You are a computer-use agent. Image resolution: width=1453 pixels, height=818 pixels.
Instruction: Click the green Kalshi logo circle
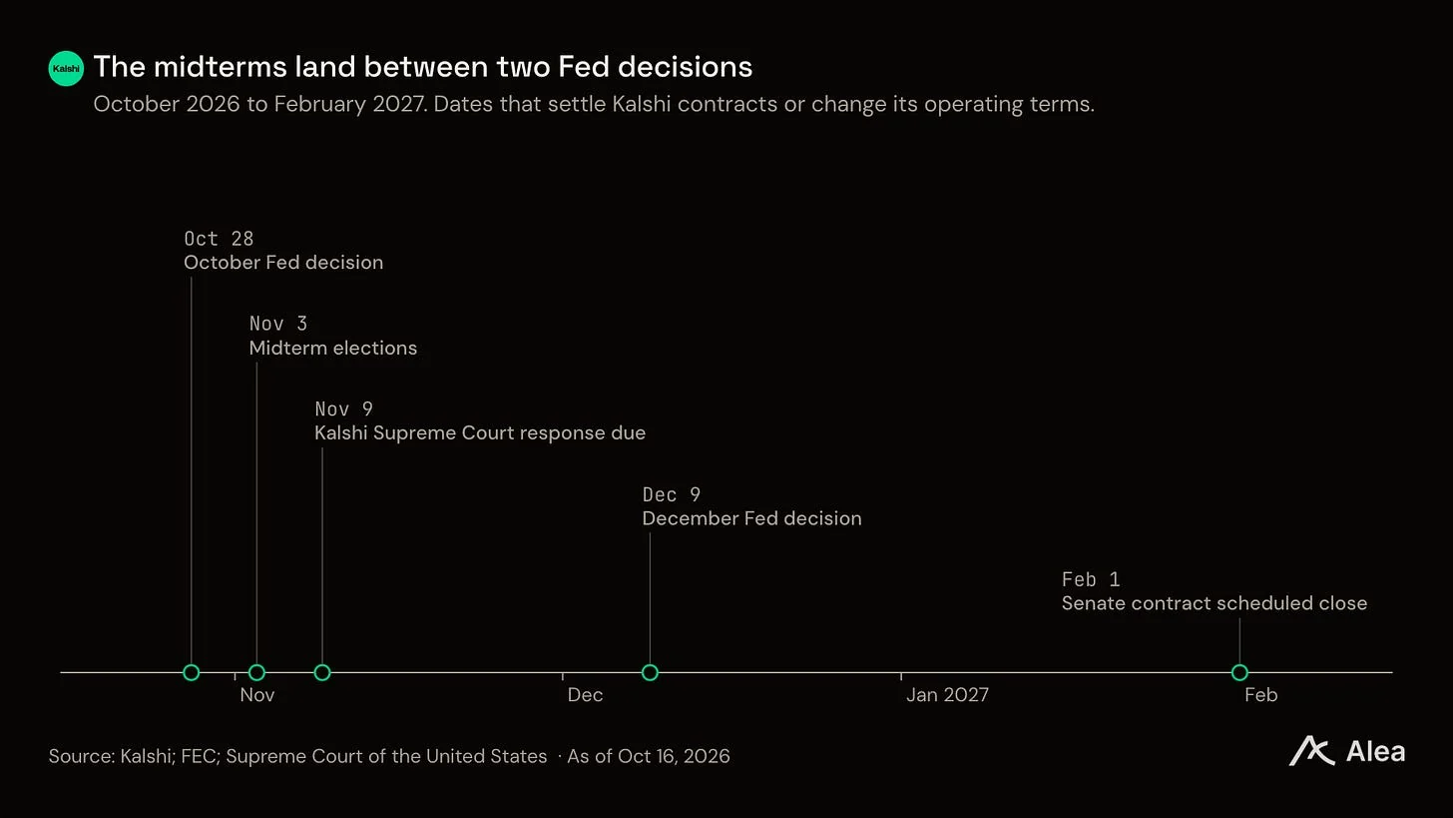pos(66,68)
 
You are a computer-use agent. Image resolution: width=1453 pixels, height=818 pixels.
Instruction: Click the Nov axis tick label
pos(257,695)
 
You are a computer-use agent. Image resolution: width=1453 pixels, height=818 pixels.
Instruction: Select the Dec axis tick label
pos(585,695)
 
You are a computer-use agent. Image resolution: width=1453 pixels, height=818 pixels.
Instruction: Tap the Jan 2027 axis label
pos(947,695)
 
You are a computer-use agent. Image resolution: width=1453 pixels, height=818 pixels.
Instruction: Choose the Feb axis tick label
pos(1261,695)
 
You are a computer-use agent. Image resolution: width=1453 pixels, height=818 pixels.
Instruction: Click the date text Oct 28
pos(219,239)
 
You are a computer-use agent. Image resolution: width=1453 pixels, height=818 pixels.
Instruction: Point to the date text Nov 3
pos(278,324)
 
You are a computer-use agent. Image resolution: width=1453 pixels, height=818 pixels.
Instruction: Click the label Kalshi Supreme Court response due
pos(480,433)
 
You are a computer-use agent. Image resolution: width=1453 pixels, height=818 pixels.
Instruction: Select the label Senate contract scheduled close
pos(1214,603)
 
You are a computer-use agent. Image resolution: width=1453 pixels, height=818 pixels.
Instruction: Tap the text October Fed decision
pos(283,263)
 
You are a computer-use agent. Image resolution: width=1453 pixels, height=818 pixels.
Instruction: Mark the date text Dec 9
pos(672,494)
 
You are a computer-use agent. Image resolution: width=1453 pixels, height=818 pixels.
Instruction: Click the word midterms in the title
pos(221,67)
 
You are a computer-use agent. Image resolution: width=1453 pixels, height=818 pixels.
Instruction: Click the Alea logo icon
pos(1311,751)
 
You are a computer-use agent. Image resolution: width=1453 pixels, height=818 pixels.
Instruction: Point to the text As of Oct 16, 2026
pos(649,756)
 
